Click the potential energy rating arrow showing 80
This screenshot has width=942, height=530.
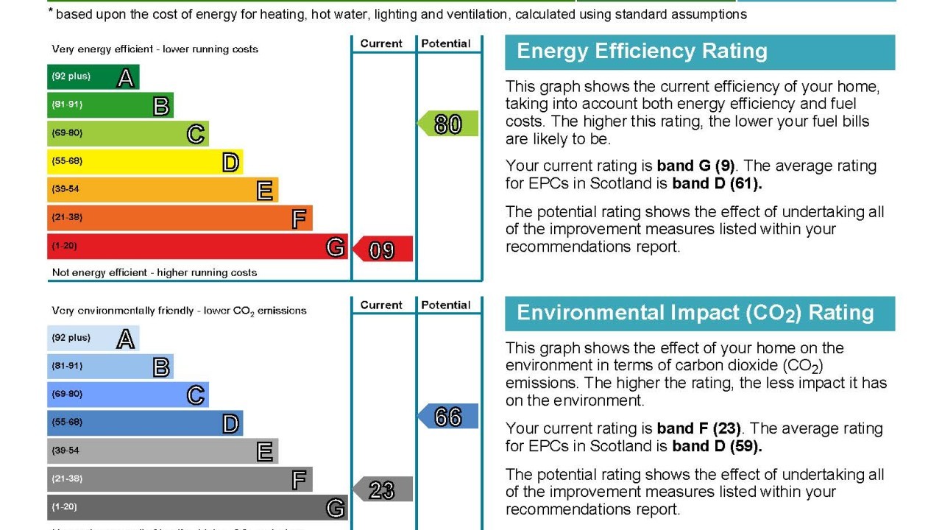[x=448, y=124]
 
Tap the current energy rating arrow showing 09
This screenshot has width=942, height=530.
[x=383, y=250]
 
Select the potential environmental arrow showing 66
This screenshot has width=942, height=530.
[x=448, y=417]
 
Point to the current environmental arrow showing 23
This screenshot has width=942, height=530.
[x=383, y=490]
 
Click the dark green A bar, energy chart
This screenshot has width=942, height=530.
[x=93, y=77]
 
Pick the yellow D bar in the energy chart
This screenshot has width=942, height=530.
[x=145, y=161]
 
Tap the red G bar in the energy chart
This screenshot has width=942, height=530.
[x=197, y=247]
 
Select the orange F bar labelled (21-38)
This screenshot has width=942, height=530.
[x=180, y=218]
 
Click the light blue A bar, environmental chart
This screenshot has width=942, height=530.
[x=93, y=338]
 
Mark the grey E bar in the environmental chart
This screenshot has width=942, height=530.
[x=163, y=451]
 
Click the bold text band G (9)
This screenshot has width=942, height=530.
[x=695, y=166]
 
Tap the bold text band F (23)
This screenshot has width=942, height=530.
[x=699, y=428]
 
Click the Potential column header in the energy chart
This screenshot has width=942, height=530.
[x=446, y=43]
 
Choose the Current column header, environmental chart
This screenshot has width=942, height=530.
[x=381, y=305]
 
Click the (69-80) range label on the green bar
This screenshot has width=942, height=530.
[x=67, y=133]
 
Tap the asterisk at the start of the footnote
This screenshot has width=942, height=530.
[x=51, y=11]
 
